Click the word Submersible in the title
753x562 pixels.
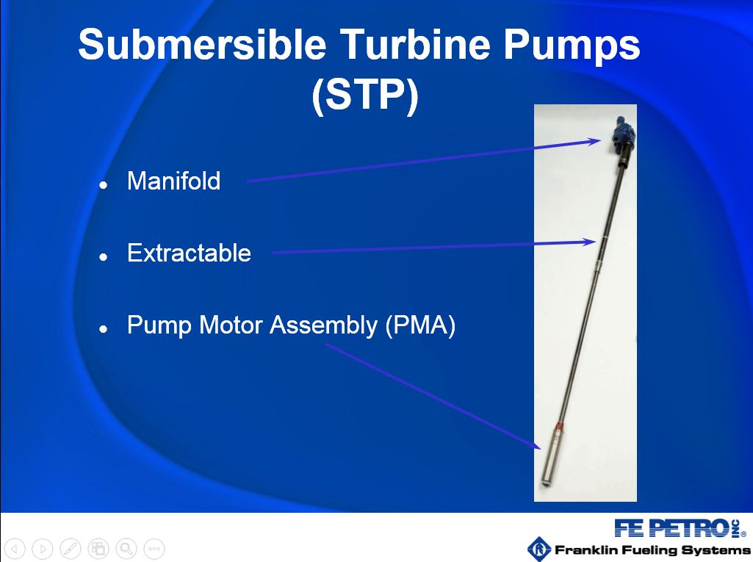202,44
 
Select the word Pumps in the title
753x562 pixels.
572,46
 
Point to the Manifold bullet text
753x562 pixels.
174,181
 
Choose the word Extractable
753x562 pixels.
189,253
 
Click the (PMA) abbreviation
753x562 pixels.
420,325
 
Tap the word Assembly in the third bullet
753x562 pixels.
324,325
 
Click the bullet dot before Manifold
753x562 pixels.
104,184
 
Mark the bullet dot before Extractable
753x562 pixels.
104,256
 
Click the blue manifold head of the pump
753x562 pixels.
623,136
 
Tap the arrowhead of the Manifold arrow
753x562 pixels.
597,141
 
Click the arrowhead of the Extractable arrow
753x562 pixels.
591,242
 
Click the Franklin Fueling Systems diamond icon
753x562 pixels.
539,549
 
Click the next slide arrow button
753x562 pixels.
43,549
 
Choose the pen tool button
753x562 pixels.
70,549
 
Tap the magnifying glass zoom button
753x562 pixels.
126,549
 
